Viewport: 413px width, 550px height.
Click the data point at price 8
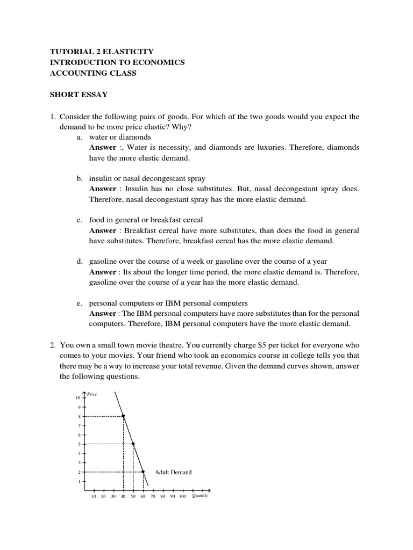click(x=124, y=416)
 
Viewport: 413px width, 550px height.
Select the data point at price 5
click(x=133, y=444)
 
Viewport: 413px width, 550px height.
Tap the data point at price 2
click(x=143, y=472)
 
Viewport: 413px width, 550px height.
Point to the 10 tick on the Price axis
click(x=78, y=397)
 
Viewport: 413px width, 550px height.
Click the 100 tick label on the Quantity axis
click(x=182, y=497)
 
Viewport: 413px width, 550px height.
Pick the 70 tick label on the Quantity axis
click(x=152, y=497)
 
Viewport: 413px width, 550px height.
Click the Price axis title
click(x=92, y=394)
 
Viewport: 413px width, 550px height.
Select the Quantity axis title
click(x=200, y=496)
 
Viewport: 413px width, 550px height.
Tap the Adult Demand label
click(x=173, y=472)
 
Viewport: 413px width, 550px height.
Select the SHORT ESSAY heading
click(x=79, y=95)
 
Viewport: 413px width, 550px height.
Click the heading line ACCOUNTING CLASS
click(x=93, y=73)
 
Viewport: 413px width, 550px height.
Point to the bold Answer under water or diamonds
click(x=102, y=147)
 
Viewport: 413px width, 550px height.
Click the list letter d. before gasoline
click(x=79, y=261)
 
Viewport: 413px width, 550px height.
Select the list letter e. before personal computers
click(x=79, y=303)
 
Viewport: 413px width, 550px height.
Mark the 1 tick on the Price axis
click(x=79, y=481)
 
